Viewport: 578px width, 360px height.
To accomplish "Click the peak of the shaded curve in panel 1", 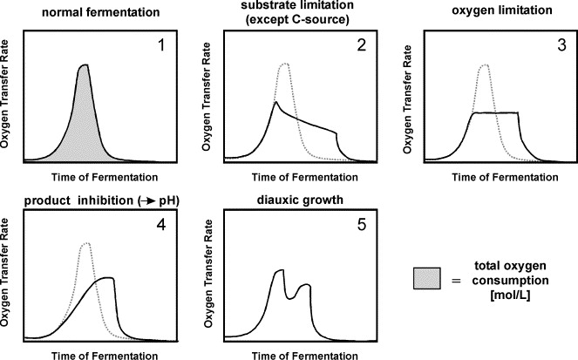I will tap(84, 65).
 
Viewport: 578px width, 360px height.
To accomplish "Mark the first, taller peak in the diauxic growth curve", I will tap(279, 271).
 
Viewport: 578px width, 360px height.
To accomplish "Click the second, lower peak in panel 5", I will tap(305, 284).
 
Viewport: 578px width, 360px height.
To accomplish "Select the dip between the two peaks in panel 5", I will tap(293, 297).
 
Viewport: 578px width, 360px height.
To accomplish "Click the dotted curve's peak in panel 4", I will tap(85, 243).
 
